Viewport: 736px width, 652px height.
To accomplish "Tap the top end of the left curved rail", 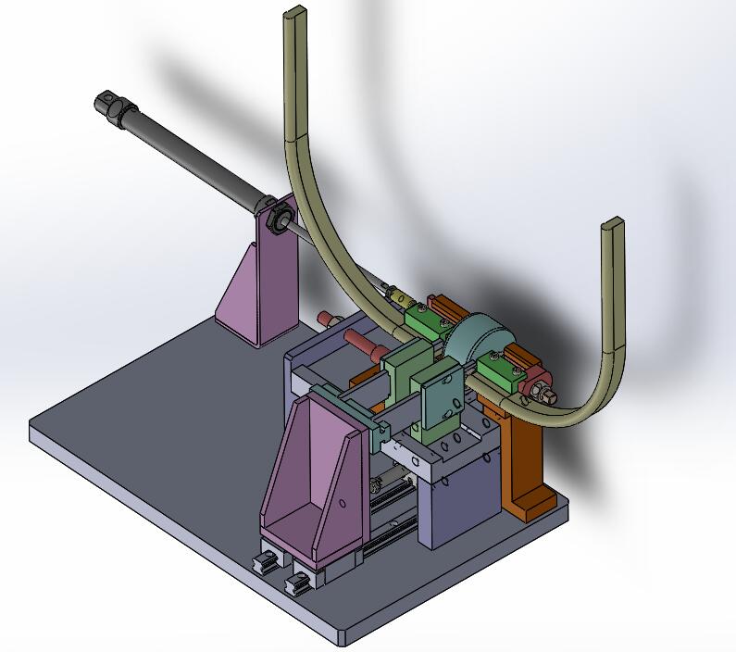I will (x=294, y=17).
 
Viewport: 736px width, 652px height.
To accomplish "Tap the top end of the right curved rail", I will (x=613, y=226).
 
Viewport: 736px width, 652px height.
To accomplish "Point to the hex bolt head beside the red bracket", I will (x=547, y=396).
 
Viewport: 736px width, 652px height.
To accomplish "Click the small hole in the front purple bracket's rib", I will (x=342, y=504).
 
